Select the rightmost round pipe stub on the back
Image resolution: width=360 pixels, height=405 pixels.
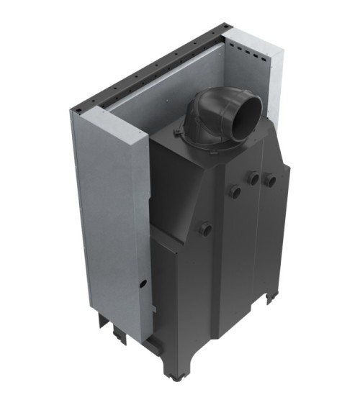(x=270, y=179)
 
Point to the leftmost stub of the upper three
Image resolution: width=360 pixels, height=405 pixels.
(x=234, y=191)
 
